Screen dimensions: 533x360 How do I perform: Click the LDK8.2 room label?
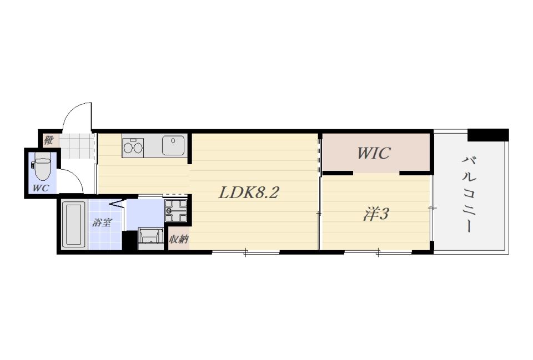click(x=249, y=192)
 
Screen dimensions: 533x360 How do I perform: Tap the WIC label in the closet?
click(x=374, y=153)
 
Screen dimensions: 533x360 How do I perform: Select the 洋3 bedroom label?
click(x=376, y=214)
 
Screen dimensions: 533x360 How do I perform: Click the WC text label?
click(x=41, y=188)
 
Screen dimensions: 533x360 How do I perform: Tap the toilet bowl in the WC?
click(x=43, y=168)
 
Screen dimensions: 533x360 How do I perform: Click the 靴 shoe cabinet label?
click(x=49, y=140)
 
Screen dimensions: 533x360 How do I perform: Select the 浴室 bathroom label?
click(x=102, y=223)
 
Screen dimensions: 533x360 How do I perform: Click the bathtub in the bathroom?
click(x=74, y=224)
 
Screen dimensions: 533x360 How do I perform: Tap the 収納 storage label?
click(x=179, y=240)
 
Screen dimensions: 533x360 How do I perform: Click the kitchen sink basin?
click(x=173, y=145)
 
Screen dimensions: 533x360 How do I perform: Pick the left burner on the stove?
click(x=128, y=148)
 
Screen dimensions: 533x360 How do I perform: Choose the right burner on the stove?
click(x=138, y=148)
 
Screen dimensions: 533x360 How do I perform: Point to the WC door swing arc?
click(x=76, y=175)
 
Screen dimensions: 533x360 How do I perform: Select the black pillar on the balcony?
click(x=488, y=135)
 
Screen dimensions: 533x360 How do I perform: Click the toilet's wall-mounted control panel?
click(x=33, y=165)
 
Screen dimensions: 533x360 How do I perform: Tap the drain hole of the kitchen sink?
click(x=173, y=140)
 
